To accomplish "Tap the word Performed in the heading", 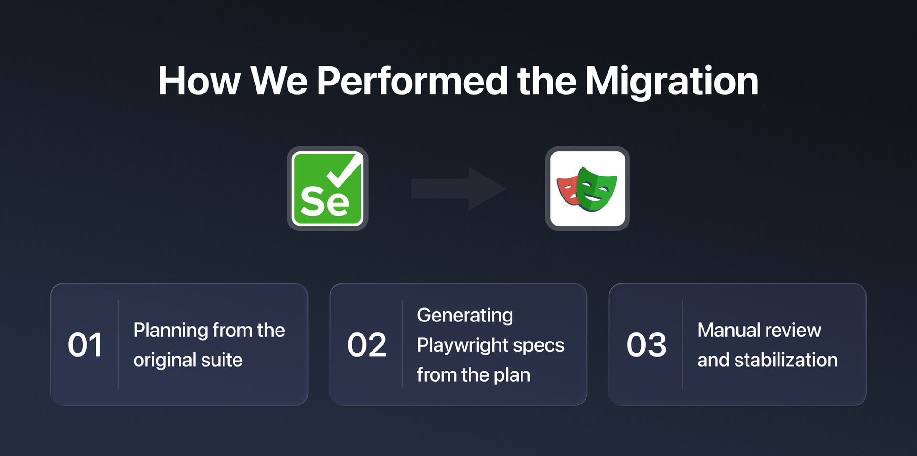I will coord(412,81).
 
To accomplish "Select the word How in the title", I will coord(199,81).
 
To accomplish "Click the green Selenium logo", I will coord(327,188).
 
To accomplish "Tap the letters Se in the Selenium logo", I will coord(324,201).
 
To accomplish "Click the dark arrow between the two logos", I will coord(458,188).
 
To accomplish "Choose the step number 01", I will coord(85,345).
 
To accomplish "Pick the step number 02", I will coord(366,345).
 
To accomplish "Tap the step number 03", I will coord(646,345).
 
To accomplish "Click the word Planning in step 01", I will coord(171,331).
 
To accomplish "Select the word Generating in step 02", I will coord(465,316).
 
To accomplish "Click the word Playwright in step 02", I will coord(462,345).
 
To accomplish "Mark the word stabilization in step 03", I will coord(786,360).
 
